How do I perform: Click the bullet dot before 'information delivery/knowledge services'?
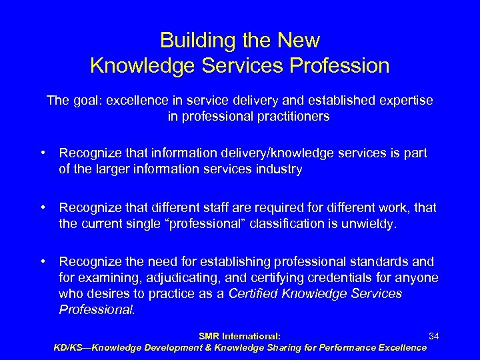pos(42,153)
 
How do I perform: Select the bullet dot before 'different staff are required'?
pos(42,207)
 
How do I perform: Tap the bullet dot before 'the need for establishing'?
pos(42,261)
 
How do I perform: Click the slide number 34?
pos(433,337)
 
